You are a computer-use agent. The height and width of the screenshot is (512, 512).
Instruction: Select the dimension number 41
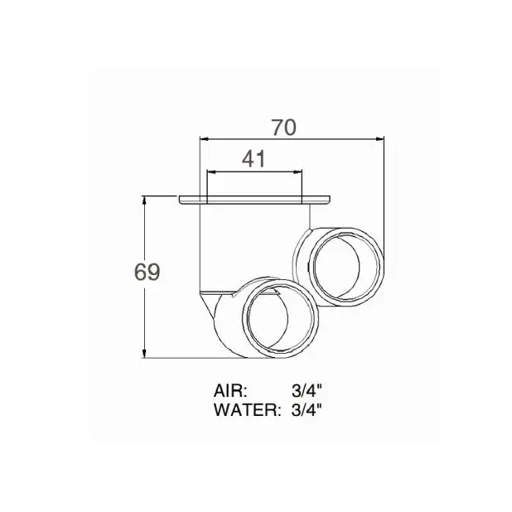(x=254, y=159)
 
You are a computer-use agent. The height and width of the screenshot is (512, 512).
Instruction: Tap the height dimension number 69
(x=147, y=273)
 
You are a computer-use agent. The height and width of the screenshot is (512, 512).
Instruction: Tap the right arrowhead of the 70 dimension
(x=383, y=139)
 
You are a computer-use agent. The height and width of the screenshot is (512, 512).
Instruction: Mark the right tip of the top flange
(x=331, y=199)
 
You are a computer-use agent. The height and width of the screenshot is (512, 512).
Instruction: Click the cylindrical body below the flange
(x=249, y=244)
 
